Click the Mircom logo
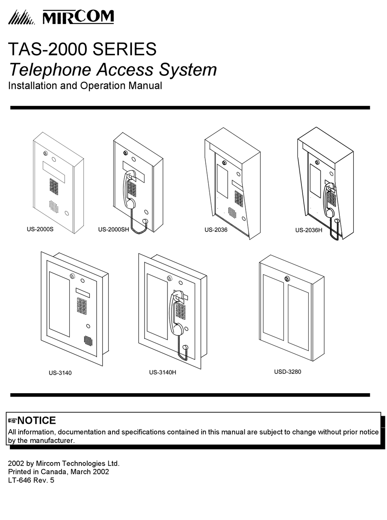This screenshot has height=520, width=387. pyautogui.click(x=61, y=17)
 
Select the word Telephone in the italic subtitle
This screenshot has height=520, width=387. pyautogui.click(x=50, y=70)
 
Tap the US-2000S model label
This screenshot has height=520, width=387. pyautogui.click(x=40, y=229)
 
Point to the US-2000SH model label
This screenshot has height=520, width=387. pyautogui.click(x=113, y=230)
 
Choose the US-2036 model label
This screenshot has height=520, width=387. pyautogui.click(x=216, y=230)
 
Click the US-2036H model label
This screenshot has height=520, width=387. pyautogui.click(x=309, y=230)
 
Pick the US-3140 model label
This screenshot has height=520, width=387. pyautogui.click(x=60, y=373)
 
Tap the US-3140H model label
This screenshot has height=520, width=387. pyautogui.click(x=163, y=372)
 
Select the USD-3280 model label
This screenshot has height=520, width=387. pyautogui.click(x=288, y=372)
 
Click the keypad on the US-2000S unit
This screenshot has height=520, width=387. pyautogui.click(x=54, y=186)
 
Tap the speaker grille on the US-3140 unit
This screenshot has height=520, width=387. pyautogui.click(x=88, y=340)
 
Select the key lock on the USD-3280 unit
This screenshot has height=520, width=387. pyautogui.click(x=287, y=279)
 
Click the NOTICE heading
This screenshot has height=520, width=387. pyautogui.click(x=36, y=421)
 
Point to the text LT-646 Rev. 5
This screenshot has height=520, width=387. pyautogui.click(x=31, y=480)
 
